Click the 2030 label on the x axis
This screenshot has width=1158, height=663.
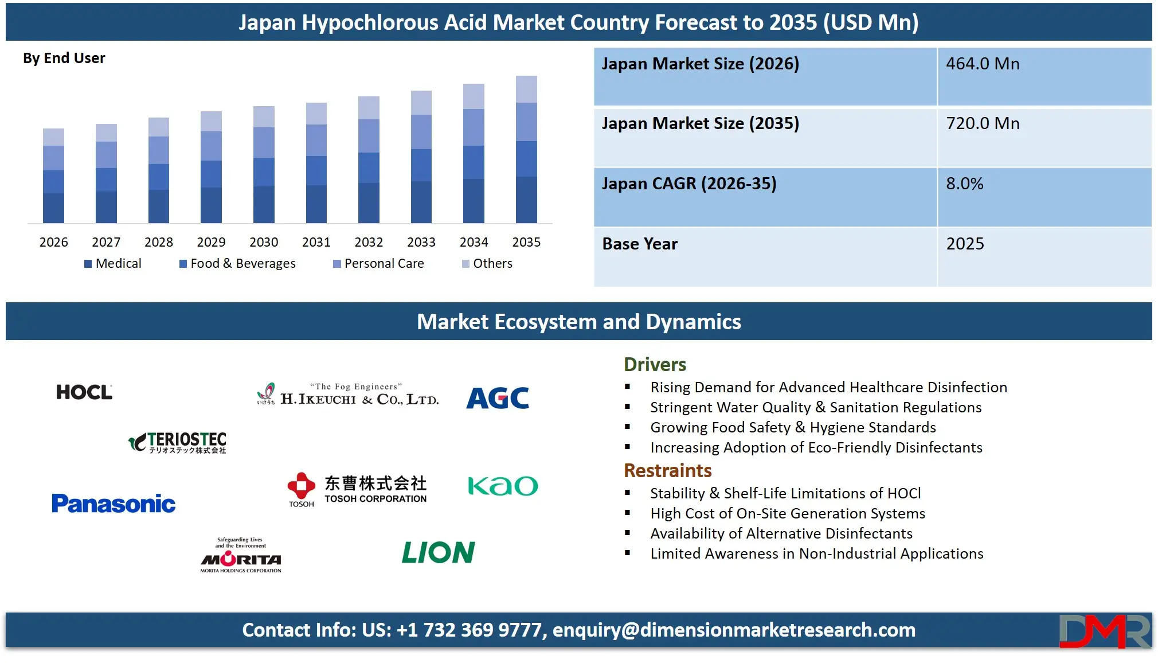coord(264,242)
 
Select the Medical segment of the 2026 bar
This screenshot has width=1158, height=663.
coord(53,208)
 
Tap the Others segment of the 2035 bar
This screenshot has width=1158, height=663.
coord(526,89)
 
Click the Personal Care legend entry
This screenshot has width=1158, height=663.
coord(379,263)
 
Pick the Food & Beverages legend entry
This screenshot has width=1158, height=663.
coord(238,263)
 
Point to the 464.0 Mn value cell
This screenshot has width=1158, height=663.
coord(983,64)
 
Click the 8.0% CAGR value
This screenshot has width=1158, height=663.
coord(964,184)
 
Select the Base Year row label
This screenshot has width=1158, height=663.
coord(640,244)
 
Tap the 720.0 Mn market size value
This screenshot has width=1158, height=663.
coord(983,123)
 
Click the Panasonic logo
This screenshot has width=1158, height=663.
coord(114,504)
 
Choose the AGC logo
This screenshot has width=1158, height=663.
coord(498,397)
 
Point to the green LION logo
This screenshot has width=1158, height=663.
coord(439,552)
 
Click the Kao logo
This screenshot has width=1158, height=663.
coord(503,486)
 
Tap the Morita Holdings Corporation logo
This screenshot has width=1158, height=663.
coord(241,556)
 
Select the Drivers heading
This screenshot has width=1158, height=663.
coord(655,365)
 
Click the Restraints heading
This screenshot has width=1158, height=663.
coord(667,471)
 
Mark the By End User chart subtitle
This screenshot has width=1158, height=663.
coord(64,58)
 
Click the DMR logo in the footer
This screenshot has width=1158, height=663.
coord(1104,631)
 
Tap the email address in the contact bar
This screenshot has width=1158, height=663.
coord(734,630)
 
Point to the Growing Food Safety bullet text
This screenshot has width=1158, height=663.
coord(793,427)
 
